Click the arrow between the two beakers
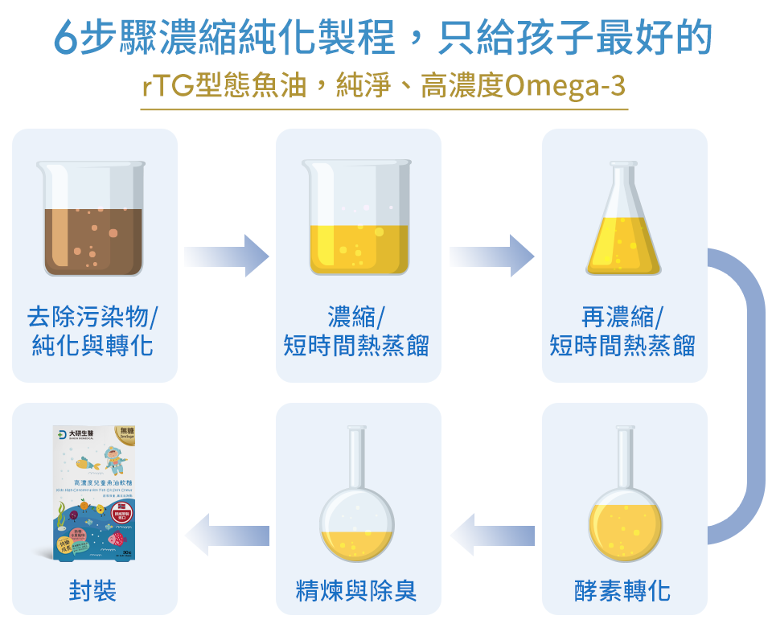[226, 256]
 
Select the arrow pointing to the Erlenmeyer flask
[491, 256]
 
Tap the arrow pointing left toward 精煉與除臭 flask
[492, 535]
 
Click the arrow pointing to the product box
[227, 535]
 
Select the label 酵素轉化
[622, 592]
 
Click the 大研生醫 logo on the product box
[80, 434]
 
